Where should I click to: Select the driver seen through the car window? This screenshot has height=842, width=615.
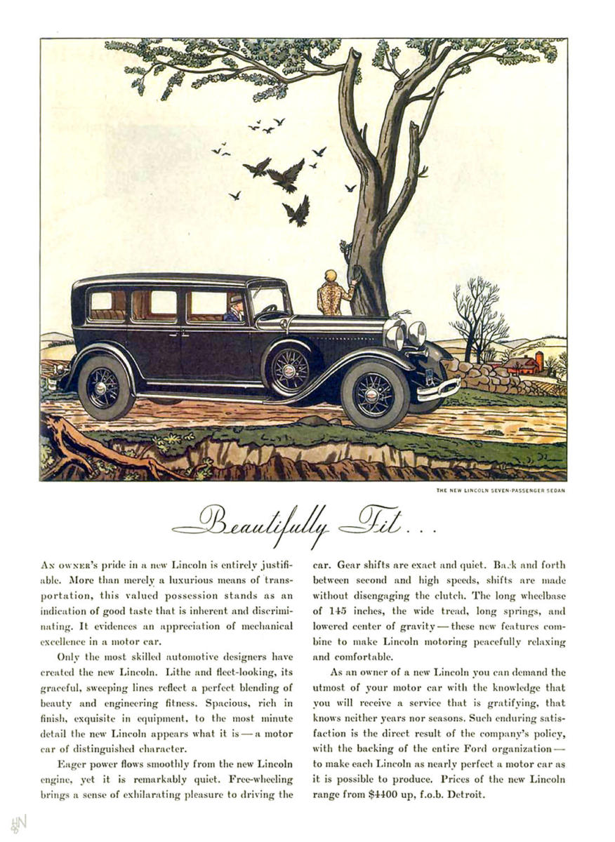[235, 308]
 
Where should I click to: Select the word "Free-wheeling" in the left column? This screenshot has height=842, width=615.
[262, 780]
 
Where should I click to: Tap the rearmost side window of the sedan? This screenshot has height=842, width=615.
[107, 304]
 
